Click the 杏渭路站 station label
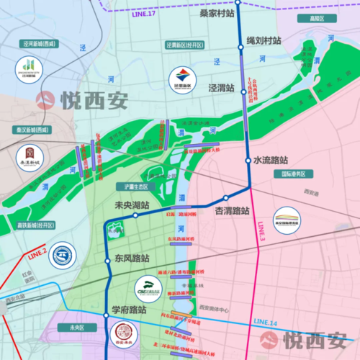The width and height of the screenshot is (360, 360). coord(232,211)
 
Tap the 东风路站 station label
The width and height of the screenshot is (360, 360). coord(132,258)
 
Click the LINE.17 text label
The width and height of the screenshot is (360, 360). coord(143,14)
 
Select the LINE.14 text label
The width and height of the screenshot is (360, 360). coord(265,322)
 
